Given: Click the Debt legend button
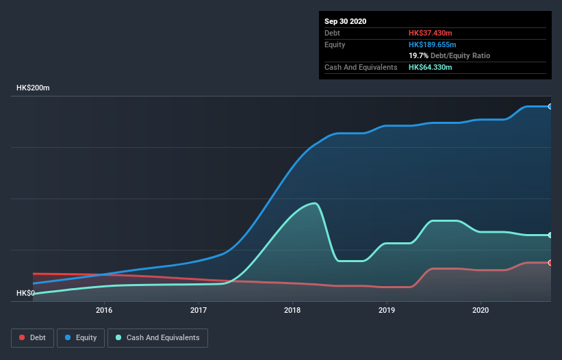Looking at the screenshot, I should pyautogui.click(x=31, y=337).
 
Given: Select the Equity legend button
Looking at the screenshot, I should pyautogui.click(x=81, y=337).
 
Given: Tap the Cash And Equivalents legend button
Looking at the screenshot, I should pyautogui.click(x=157, y=337).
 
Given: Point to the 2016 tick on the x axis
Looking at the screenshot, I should pyautogui.click(x=104, y=310).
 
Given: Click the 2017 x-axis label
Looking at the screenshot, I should pyautogui.click(x=199, y=310).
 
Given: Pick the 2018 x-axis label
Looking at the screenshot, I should pyautogui.click(x=292, y=310).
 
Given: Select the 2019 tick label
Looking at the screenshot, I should pyautogui.click(x=387, y=310).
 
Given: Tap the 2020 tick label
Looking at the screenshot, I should pyautogui.click(x=481, y=310).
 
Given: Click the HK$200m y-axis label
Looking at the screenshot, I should pyautogui.click(x=33, y=88).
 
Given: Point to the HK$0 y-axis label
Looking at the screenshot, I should pyautogui.click(x=26, y=293).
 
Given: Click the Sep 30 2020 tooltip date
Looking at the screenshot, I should pyautogui.click(x=345, y=21).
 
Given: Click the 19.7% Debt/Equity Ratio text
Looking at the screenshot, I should pyautogui.click(x=449, y=55).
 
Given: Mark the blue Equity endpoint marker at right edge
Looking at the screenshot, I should pyautogui.click(x=550, y=107).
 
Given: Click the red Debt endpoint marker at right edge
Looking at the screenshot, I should pyautogui.click(x=550, y=263).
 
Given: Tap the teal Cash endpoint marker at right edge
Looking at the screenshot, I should pyautogui.click(x=550, y=235).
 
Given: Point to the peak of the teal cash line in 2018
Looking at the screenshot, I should pyautogui.click(x=314, y=203).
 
